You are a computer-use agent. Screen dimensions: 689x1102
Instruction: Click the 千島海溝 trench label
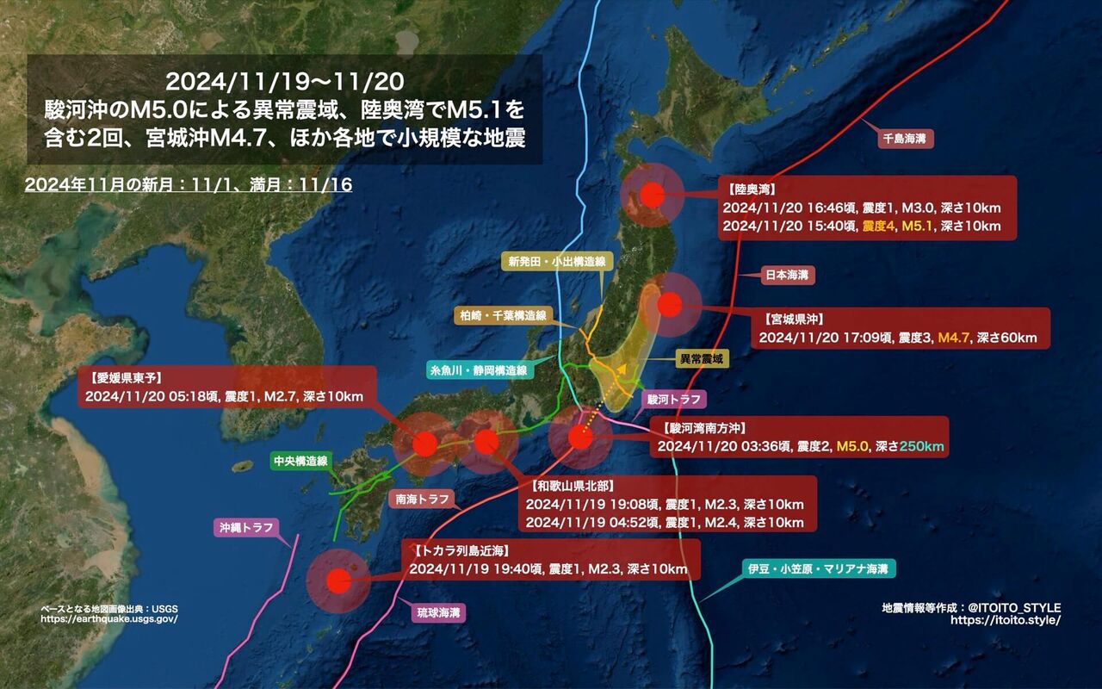[907, 138]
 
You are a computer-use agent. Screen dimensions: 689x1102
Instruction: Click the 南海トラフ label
[422, 499]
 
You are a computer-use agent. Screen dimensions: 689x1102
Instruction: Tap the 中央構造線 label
[300, 461]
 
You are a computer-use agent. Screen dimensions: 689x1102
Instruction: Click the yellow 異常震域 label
[698, 357]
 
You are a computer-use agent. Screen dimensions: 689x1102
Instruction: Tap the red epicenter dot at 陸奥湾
[653, 196]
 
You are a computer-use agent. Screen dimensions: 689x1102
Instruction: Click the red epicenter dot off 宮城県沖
[669, 304]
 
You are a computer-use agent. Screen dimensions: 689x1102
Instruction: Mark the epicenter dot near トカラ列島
[339, 581]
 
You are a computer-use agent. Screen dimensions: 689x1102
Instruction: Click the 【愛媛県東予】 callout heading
[127, 376]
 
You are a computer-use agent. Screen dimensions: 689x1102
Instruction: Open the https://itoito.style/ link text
[1006, 620]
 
